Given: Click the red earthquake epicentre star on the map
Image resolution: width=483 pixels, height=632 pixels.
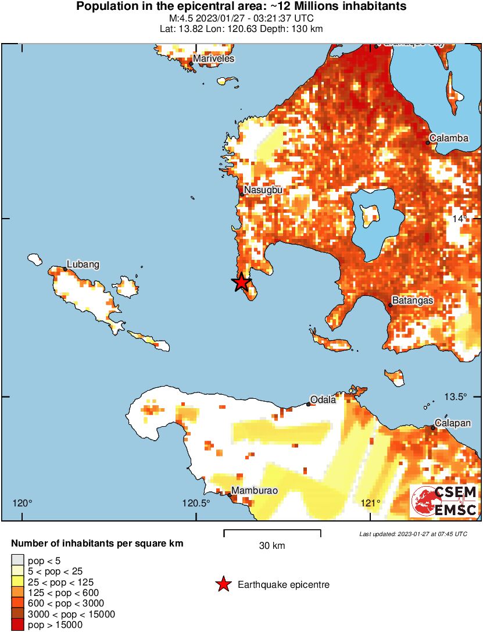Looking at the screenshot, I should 241,283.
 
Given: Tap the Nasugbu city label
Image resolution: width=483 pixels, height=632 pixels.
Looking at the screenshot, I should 263,190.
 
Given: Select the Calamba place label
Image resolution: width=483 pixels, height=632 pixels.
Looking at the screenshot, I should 449,138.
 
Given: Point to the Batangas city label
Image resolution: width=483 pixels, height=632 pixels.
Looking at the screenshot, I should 413,301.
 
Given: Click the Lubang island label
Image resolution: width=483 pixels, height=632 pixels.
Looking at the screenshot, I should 83,265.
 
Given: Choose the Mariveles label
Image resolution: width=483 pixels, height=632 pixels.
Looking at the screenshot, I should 213,59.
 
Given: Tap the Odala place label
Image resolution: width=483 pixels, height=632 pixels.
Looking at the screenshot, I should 323,399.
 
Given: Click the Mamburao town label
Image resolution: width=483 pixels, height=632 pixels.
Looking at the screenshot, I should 254,491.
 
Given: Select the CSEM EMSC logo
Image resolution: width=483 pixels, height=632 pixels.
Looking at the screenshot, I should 444,501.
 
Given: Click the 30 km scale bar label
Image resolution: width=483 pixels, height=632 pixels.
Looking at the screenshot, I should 272,546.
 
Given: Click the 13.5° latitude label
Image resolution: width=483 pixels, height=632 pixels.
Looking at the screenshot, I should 456,397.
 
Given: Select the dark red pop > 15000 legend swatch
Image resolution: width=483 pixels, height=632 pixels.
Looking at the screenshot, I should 17,625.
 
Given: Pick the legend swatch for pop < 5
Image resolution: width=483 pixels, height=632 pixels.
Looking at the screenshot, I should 17,560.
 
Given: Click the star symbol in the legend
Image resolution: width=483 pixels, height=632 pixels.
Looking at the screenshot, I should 223,585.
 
